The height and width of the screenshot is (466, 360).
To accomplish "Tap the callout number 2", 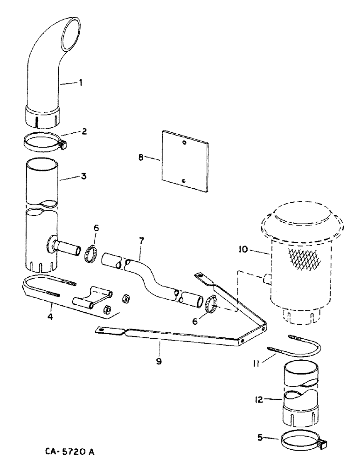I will (x=84, y=131).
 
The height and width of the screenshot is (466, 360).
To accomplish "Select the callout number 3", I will (x=83, y=177).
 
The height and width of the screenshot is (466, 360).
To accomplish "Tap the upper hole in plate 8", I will (x=185, y=142).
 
